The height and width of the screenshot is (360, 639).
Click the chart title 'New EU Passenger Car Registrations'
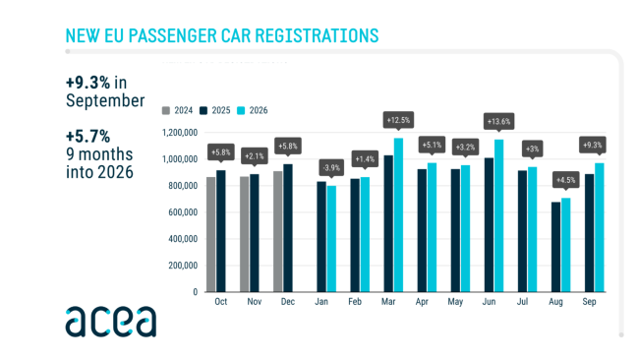(x=222, y=35)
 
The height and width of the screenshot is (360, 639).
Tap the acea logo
(x=111, y=322)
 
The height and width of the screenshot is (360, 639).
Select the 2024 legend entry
(x=177, y=110)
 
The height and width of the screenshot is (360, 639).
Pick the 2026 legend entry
(x=253, y=110)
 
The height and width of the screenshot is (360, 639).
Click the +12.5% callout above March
(x=398, y=120)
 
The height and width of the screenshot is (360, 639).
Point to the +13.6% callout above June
(x=498, y=122)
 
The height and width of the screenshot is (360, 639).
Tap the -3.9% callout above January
(x=331, y=167)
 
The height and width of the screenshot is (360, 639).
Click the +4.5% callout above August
(x=565, y=180)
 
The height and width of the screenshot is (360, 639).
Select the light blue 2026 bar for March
(x=398, y=214)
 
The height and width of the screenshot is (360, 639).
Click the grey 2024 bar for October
(x=211, y=234)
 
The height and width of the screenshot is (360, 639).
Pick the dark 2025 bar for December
(x=288, y=228)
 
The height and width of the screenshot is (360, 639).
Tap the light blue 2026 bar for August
(x=565, y=245)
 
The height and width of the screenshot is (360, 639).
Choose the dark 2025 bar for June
(x=489, y=225)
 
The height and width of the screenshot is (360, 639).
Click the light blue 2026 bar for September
(x=599, y=227)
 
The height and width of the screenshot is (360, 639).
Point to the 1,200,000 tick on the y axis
(x=180, y=133)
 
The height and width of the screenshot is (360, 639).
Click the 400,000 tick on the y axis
(x=183, y=239)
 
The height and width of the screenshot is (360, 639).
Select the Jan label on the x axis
(x=321, y=302)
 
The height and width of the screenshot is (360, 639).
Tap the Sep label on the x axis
(x=589, y=302)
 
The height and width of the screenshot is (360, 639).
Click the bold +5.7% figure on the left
(x=88, y=137)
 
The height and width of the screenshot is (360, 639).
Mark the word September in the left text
(x=105, y=100)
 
